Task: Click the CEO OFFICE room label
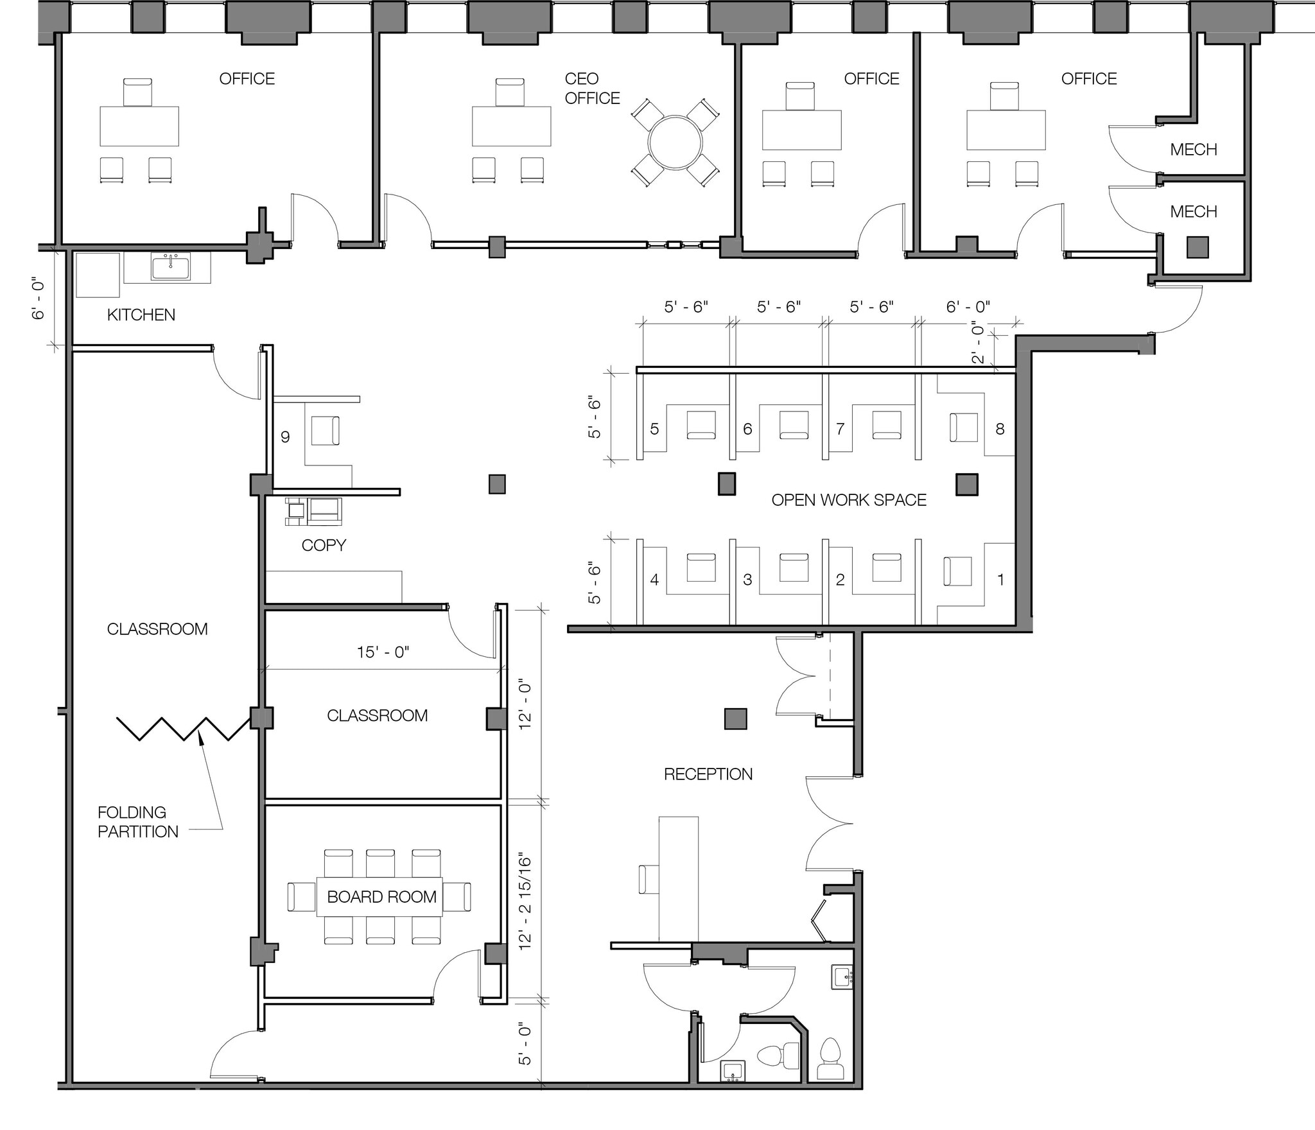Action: [592, 89]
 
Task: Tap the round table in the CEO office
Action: [675, 143]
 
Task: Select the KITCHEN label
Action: [141, 315]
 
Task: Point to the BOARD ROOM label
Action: [382, 897]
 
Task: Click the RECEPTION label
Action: [708, 774]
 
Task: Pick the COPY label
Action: [324, 545]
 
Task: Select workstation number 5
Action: [654, 429]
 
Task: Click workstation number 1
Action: [1000, 580]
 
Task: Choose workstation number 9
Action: [285, 437]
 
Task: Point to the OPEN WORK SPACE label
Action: [849, 500]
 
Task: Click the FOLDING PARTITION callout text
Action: [138, 822]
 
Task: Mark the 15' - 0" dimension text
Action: [383, 652]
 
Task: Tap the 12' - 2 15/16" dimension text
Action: [526, 902]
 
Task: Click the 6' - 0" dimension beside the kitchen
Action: [39, 299]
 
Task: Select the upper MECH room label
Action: [1194, 150]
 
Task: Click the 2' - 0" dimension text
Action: [978, 342]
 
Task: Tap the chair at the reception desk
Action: [649, 879]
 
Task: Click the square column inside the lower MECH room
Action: [1197, 247]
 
